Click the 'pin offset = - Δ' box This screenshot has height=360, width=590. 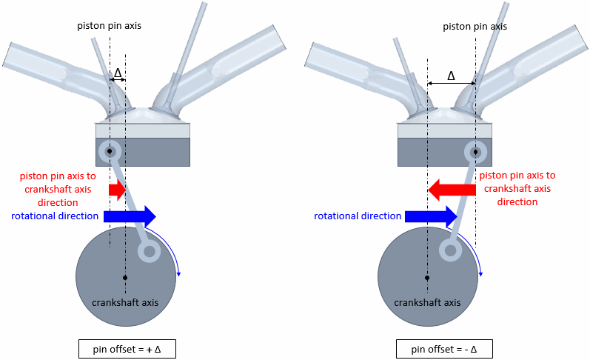pyautogui.click(x=443, y=348)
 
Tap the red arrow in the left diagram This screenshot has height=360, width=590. pyautogui.click(x=117, y=190)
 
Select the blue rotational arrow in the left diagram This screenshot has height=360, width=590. pyautogui.click(x=130, y=216)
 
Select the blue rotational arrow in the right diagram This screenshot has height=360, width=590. pyautogui.click(x=430, y=216)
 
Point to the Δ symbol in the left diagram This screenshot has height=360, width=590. pyautogui.click(x=117, y=73)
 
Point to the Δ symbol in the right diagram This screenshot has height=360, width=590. pyautogui.click(x=452, y=76)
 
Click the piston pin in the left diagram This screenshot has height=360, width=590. pyautogui.click(x=110, y=150)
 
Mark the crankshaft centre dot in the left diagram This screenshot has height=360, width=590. pyautogui.click(x=126, y=278)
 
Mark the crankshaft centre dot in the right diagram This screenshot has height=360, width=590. pyautogui.click(x=427, y=278)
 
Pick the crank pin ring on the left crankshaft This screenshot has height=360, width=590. pyautogui.click(x=150, y=252)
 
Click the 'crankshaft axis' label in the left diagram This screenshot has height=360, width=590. pyautogui.click(x=125, y=302)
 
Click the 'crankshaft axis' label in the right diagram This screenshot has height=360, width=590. pyautogui.click(x=427, y=302)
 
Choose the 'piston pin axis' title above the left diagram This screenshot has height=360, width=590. pyautogui.click(x=109, y=25)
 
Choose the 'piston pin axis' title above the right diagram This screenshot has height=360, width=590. pyautogui.click(x=475, y=26)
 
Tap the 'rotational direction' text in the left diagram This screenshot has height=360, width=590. pyautogui.click(x=56, y=216)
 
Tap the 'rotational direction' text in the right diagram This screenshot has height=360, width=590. pyautogui.click(x=358, y=216)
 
